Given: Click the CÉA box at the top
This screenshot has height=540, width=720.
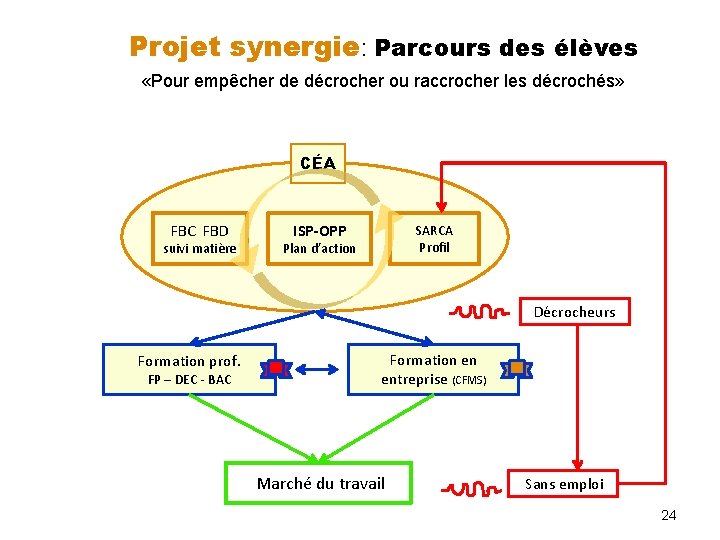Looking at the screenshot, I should click(317, 163).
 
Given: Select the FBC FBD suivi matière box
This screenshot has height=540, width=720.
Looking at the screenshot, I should click(200, 239).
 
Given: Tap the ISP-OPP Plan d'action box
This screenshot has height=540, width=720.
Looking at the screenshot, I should click(319, 239).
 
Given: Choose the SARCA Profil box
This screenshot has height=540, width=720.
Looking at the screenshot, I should click(435, 238).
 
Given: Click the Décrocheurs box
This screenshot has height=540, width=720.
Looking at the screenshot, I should click(575, 312).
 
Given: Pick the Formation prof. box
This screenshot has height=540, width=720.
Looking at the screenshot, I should click(190, 369).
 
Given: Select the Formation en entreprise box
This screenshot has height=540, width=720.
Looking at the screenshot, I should click(433, 369).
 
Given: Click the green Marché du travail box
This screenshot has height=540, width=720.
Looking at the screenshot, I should click(319, 484).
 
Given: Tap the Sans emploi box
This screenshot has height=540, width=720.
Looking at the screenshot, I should click(565, 484).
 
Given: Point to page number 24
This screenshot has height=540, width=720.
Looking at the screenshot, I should click(669, 515).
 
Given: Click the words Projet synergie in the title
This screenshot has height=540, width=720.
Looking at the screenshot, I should click(244, 47).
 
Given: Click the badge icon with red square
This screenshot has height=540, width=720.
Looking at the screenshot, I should click(275, 369).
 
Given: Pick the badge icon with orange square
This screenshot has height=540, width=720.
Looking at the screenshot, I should click(516, 368).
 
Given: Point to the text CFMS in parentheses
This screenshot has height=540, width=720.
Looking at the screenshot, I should click(470, 380).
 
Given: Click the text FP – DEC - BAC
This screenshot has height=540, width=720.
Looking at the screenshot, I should click(190, 380).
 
